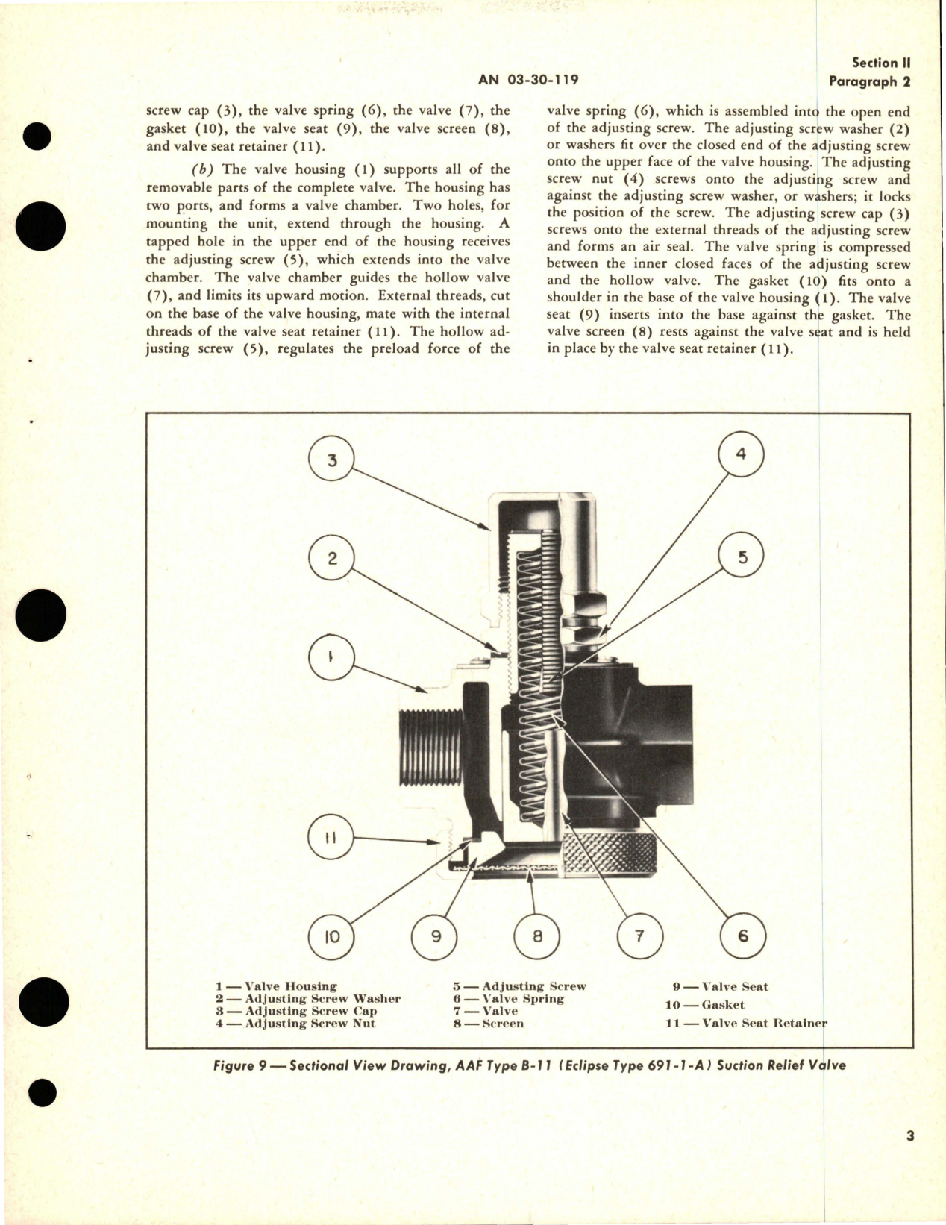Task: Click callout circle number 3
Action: point(332,460)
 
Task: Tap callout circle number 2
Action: point(332,559)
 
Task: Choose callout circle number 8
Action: point(538,936)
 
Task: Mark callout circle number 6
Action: point(742,936)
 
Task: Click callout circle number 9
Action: point(436,936)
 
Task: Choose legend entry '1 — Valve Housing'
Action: point(276,986)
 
